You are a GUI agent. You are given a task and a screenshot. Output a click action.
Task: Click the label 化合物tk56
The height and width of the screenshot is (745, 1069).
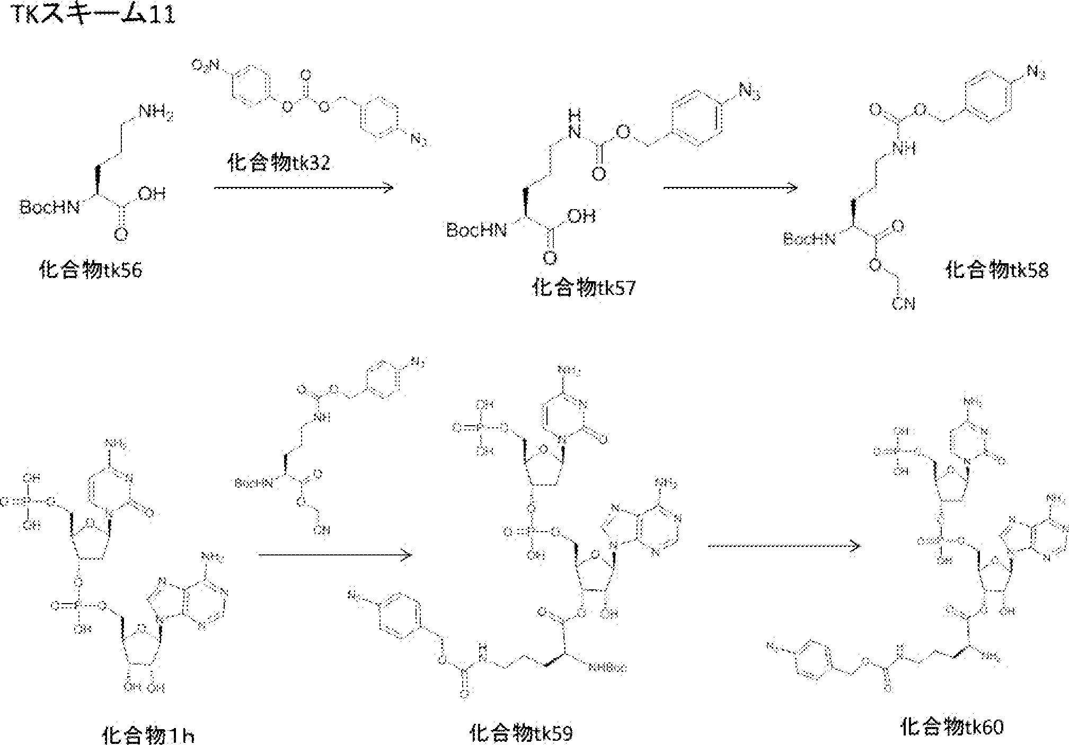point(91,271)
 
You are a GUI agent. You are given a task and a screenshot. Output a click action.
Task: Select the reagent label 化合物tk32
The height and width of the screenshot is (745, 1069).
point(278,163)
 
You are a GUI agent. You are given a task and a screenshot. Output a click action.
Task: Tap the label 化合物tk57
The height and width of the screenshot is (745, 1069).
point(583,288)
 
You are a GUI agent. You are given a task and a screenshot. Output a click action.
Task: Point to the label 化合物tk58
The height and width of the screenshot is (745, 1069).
point(997,271)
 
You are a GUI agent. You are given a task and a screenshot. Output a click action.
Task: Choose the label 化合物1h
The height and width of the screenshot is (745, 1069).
point(148,735)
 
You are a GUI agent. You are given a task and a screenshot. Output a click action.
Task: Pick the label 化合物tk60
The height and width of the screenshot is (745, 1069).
point(952,727)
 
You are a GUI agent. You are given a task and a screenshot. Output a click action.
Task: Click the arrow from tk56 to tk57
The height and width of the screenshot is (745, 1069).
point(303,187)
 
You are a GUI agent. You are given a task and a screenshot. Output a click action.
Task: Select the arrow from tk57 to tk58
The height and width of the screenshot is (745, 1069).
point(730,187)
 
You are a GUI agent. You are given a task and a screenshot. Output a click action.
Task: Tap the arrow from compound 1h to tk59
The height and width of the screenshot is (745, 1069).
point(335,555)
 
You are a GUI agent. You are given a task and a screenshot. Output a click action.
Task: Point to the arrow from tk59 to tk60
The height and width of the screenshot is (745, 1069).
point(784,546)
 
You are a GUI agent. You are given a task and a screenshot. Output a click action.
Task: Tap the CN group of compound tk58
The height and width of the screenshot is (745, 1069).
point(903,303)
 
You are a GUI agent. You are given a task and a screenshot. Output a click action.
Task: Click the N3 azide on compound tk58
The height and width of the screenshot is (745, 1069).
point(1036,72)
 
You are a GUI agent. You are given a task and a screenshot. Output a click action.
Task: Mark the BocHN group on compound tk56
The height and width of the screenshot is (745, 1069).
point(50,207)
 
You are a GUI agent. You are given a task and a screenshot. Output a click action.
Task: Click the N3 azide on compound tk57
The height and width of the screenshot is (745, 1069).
point(749,94)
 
